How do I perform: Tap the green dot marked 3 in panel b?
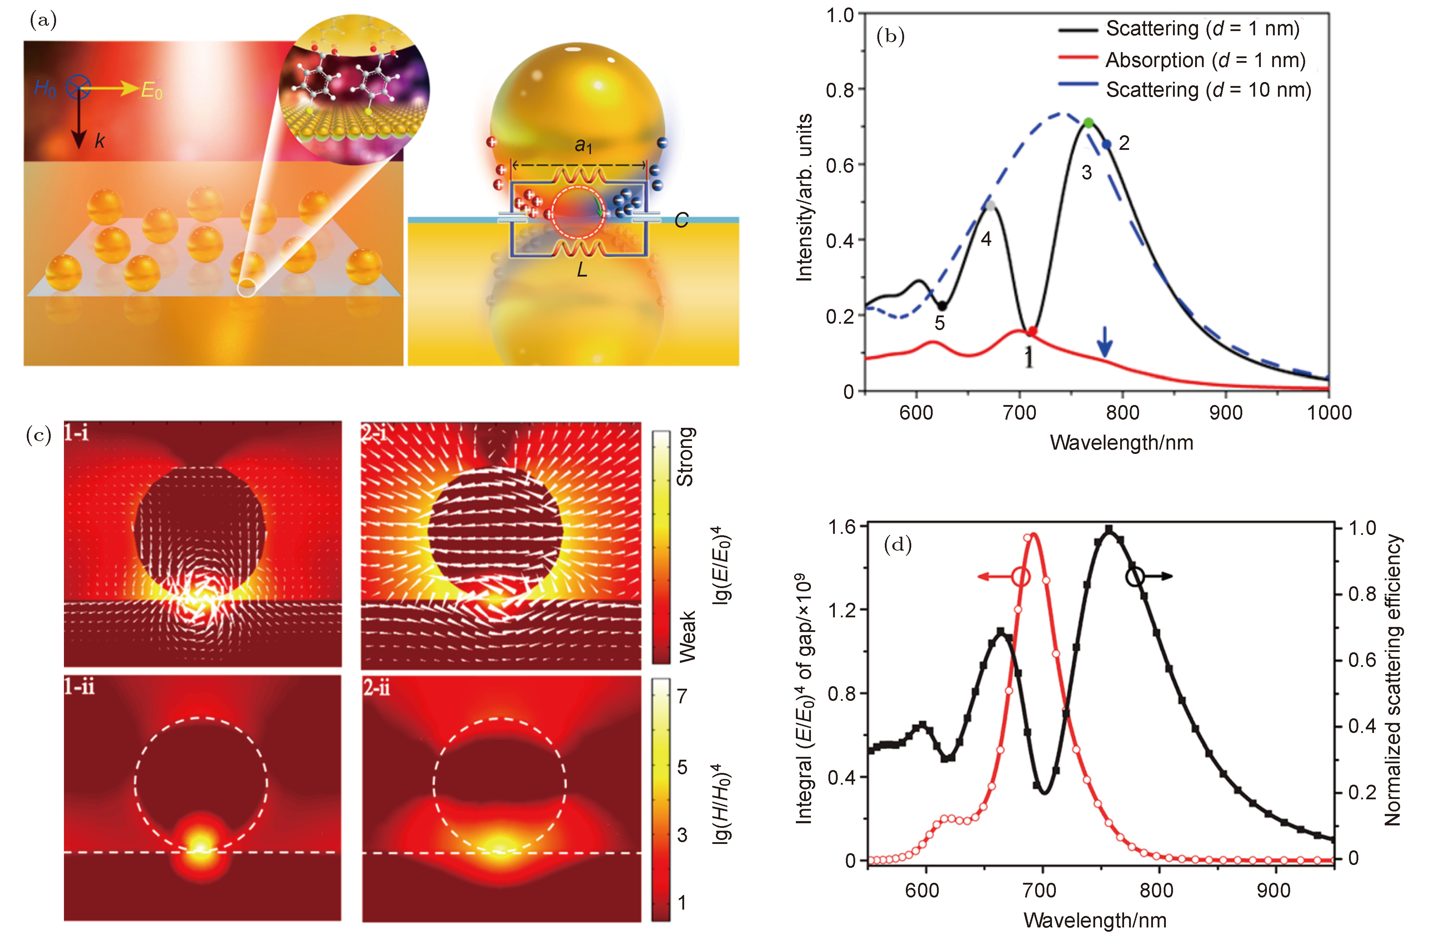1088,123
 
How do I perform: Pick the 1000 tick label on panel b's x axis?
1329,413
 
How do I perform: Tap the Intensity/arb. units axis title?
804,198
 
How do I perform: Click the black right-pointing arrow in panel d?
1157,576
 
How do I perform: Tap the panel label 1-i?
76,432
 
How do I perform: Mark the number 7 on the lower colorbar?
681,696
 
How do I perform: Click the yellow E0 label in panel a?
151,91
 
